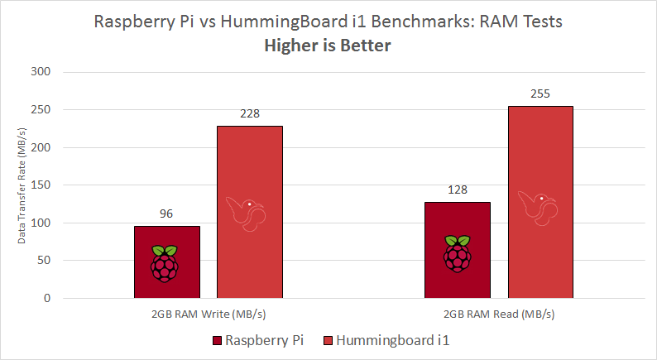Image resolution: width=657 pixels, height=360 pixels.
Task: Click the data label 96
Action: (x=166, y=214)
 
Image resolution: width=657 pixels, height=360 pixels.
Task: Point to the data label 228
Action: (x=250, y=113)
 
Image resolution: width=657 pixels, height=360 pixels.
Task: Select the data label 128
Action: (x=457, y=190)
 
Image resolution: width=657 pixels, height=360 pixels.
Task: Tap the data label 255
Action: (x=540, y=94)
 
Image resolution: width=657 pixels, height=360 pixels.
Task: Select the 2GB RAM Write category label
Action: (x=209, y=314)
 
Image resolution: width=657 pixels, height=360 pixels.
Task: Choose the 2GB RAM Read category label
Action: (x=498, y=314)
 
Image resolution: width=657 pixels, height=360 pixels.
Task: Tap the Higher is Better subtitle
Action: (x=328, y=46)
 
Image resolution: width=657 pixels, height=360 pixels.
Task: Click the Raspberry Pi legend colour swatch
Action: (x=218, y=340)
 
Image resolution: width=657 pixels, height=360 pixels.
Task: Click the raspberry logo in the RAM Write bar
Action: (x=165, y=263)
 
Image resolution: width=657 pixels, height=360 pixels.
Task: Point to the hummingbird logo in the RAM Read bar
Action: (x=538, y=207)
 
